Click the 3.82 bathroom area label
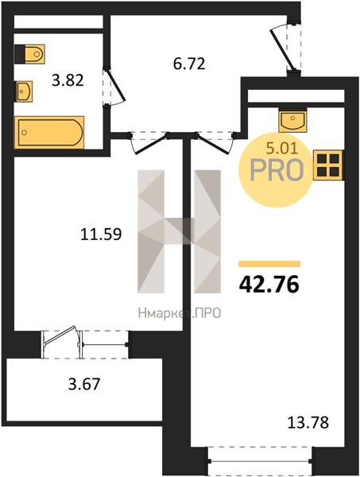(x=68, y=80)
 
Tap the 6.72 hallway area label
(x=189, y=64)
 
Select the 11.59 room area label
(x=101, y=235)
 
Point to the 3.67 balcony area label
(x=84, y=384)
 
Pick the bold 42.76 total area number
(x=269, y=285)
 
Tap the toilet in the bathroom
(x=29, y=54)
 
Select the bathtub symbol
(x=49, y=132)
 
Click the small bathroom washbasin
(x=23, y=91)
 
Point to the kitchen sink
(x=292, y=120)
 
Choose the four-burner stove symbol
(x=328, y=165)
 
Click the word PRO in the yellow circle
(x=277, y=171)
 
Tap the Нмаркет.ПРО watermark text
(x=180, y=312)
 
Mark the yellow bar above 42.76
(x=269, y=264)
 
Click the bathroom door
(x=115, y=87)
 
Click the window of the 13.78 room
(x=261, y=461)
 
